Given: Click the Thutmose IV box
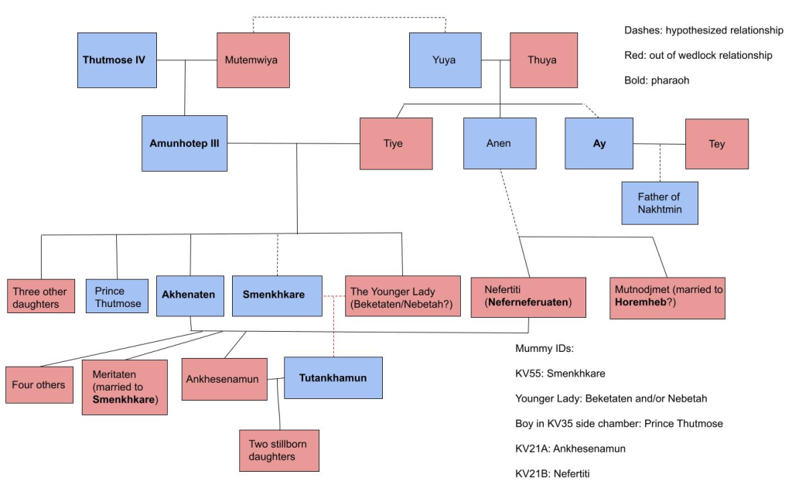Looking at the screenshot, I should [117, 60].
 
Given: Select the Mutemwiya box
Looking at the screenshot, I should [253, 60].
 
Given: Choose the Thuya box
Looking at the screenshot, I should [543, 60].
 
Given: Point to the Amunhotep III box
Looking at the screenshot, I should [184, 143].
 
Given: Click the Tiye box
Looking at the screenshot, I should [393, 143].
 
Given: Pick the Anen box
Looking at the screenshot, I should [500, 143].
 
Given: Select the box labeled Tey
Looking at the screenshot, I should [716, 144].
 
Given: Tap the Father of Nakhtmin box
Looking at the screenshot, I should [659, 203].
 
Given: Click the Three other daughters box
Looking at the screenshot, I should [42, 296].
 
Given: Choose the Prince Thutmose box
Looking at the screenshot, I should [117, 296].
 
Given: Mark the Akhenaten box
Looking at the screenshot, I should [189, 295].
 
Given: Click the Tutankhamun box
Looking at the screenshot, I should [333, 377].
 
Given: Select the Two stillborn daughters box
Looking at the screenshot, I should [278, 450].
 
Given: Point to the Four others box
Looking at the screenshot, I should [39, 384].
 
